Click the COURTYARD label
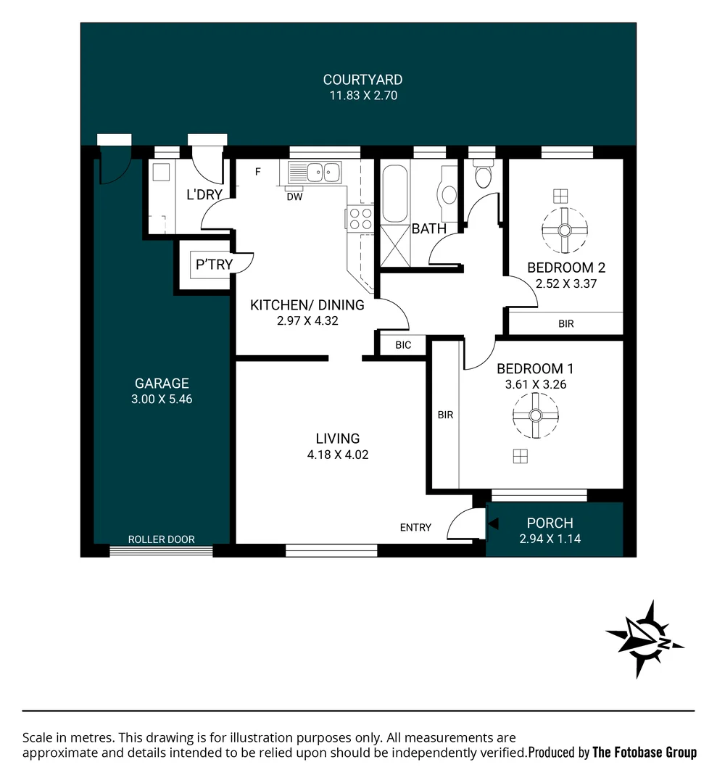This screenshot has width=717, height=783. click(x=362, y=80)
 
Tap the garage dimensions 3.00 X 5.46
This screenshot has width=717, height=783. click(x=162, y=399)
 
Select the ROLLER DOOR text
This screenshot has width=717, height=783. click(x=161, y=539)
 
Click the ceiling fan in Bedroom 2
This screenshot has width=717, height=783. click(x=562, y=230)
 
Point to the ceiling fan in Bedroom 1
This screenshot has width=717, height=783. click(x=535, y=415)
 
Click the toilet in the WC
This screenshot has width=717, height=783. click(x=481, y=175)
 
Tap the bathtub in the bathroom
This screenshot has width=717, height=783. click(x=395, y=193)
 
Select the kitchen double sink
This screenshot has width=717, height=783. click(x=315, y=173)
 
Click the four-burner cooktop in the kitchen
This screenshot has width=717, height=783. click(x=360, y=219)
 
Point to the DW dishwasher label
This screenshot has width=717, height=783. click(x=294, y=196)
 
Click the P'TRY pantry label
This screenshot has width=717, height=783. click(x=215, y=265)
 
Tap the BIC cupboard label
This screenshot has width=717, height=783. click(x=403, y=345)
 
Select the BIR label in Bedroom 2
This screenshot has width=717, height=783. click(x=566, y=324)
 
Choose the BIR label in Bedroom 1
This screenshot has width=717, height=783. click(x=445, y=415)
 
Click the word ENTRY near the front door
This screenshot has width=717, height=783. click(x=415, y=528)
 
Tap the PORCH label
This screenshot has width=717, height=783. click(x=550, y=523)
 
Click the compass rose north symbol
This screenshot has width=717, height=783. click(x=644, y=639)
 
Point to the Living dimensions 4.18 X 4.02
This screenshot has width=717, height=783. click(x=338, y=455)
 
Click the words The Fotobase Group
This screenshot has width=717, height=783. click(x=645, y=753)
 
